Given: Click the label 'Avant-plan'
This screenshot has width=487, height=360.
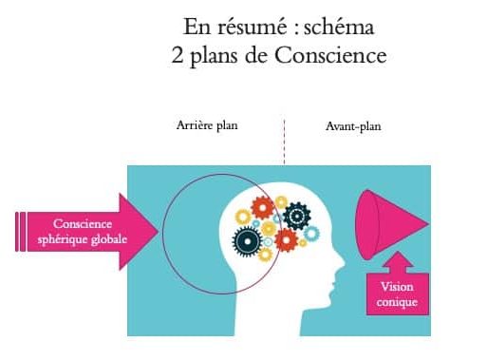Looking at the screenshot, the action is click(352, 124).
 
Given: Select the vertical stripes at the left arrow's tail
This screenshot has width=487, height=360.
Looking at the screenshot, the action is click(21, 231).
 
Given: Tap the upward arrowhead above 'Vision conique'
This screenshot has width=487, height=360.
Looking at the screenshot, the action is click(398, 260).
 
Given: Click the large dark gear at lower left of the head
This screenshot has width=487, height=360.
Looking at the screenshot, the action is click(246, 241).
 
